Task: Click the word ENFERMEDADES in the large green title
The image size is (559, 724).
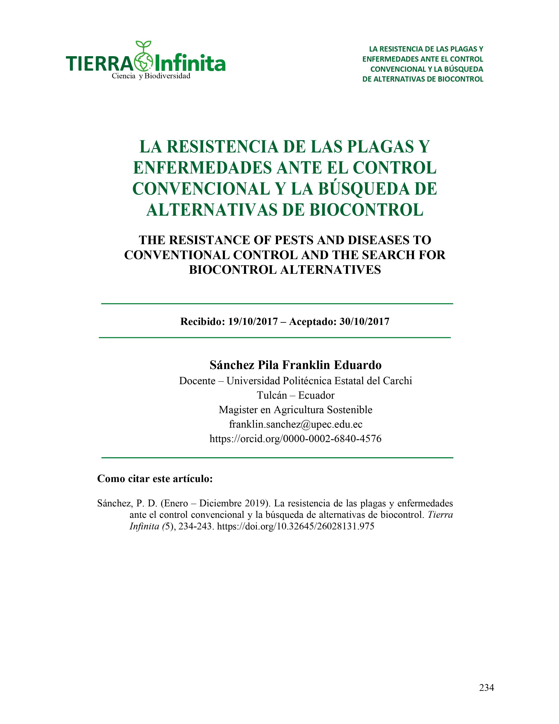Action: tap(202, 168)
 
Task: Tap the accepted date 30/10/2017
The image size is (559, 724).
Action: tap(364, 321)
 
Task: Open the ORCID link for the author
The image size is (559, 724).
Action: tap(296, 439)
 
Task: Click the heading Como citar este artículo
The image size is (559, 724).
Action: tap(155, 479)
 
